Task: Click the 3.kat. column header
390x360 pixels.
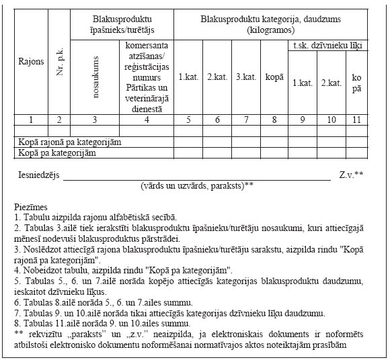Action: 245,77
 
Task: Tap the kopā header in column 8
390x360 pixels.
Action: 274,77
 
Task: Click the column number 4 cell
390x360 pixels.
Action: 145,120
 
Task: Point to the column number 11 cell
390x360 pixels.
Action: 356,120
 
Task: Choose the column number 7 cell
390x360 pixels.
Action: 245,120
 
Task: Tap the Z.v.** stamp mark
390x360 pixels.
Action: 351,175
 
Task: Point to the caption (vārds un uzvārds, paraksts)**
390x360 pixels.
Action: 197,185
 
